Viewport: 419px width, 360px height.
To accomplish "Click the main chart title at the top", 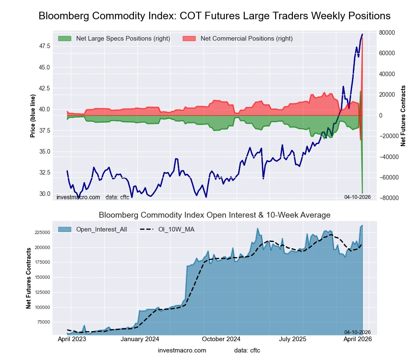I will (x=215, y=16).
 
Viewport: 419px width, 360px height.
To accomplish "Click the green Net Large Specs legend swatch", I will (x=65, y=39).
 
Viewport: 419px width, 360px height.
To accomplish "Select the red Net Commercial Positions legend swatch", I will (x=189, y=39).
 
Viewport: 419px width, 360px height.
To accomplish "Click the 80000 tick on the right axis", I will (x=388, y=33).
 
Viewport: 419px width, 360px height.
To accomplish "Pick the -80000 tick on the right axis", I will (x=387, y=198).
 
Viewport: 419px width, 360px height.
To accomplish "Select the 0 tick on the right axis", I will (x=381, y=116).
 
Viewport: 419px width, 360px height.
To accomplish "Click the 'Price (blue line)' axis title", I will (x=33, y=116).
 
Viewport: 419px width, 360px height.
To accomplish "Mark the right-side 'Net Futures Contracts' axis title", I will (x=403, y=116).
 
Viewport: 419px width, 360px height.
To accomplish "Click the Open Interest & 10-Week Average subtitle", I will (x=215, y=215).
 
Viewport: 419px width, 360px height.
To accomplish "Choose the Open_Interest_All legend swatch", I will (x=65, y=229).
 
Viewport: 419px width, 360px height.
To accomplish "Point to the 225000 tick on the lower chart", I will (x=41, y=233).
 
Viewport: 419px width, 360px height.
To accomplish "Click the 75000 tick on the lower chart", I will (x=42, y=322).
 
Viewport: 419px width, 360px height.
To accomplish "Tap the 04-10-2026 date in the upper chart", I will (x=357, y=197).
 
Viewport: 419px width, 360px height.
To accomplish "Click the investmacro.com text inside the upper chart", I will (x=78, y=197).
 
